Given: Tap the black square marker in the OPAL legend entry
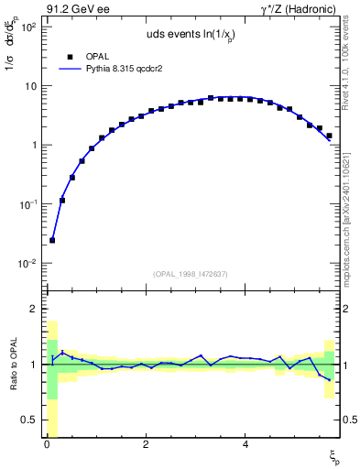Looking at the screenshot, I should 70,57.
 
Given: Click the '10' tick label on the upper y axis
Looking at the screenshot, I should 30,86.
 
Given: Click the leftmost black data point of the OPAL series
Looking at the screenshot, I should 52,240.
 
